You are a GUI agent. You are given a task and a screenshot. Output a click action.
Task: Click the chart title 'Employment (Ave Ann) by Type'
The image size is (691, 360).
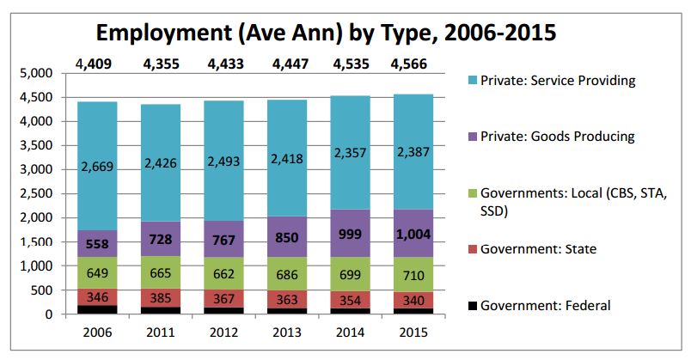click(x=326, y=34)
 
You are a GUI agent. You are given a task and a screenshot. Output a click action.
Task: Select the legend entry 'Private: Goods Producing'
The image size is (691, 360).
click(x=560, y=137)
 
